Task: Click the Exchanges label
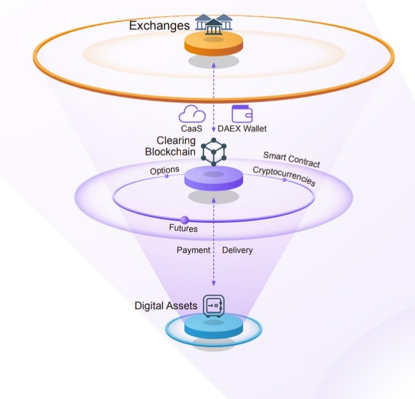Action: click(159, 25)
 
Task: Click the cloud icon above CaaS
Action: click(192, 113)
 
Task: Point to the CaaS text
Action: click(192, 128)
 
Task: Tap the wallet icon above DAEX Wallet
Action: click(242, 113)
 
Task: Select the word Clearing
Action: click(176, 141)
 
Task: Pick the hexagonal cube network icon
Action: click(214, 151)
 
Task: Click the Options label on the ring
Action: click(164, 170)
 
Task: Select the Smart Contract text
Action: click(291, 159)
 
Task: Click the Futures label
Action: click(183, 228)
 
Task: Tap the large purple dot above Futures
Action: click(184, 220)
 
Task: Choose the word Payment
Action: click(193, 250)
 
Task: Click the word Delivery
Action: click(237, 250)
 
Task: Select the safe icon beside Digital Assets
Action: click(213, 305)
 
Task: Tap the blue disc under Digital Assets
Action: click(213, 327)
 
